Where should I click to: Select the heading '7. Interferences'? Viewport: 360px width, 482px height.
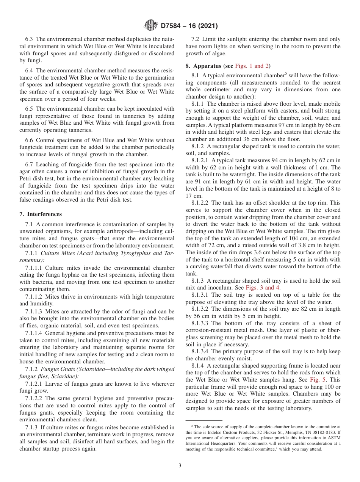(x=41, y=214)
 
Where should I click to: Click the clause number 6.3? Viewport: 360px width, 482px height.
(x=29, y=39)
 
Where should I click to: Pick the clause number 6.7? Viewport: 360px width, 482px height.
(x=29, y=164)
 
